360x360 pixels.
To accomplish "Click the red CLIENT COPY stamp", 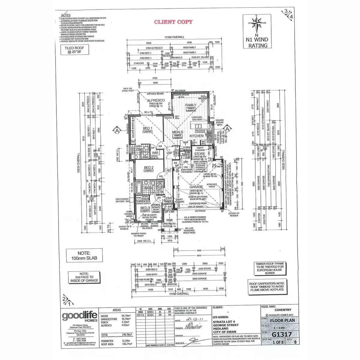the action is pos(173,22).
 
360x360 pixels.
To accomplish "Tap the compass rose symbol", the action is pos(256,24).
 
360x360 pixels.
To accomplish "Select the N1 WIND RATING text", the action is pos(257,43).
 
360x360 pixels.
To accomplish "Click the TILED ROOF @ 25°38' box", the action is pos(74,50).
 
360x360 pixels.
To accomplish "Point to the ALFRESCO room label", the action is pos(156,100).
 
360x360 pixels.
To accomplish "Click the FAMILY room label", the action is pos(191,105).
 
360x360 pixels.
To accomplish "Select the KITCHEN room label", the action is pos(196,136).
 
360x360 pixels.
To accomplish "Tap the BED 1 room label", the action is pos(147,128).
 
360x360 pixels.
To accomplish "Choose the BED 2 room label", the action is pos(148,168).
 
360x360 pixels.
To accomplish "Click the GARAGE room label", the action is pos(196,187).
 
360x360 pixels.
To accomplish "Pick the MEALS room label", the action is pos(178,132).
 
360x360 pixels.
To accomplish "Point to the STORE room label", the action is pos(199,154).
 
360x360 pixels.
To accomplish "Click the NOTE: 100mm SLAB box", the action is pos(84,256).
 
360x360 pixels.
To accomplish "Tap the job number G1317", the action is pos(281,334).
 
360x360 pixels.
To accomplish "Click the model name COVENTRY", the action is pos(283,310).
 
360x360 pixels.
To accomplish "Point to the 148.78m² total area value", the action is pos(127,334).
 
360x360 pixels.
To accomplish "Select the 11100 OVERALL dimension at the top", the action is pos(174,37).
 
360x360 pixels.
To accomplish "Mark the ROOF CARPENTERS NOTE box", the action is pos(267,286).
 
